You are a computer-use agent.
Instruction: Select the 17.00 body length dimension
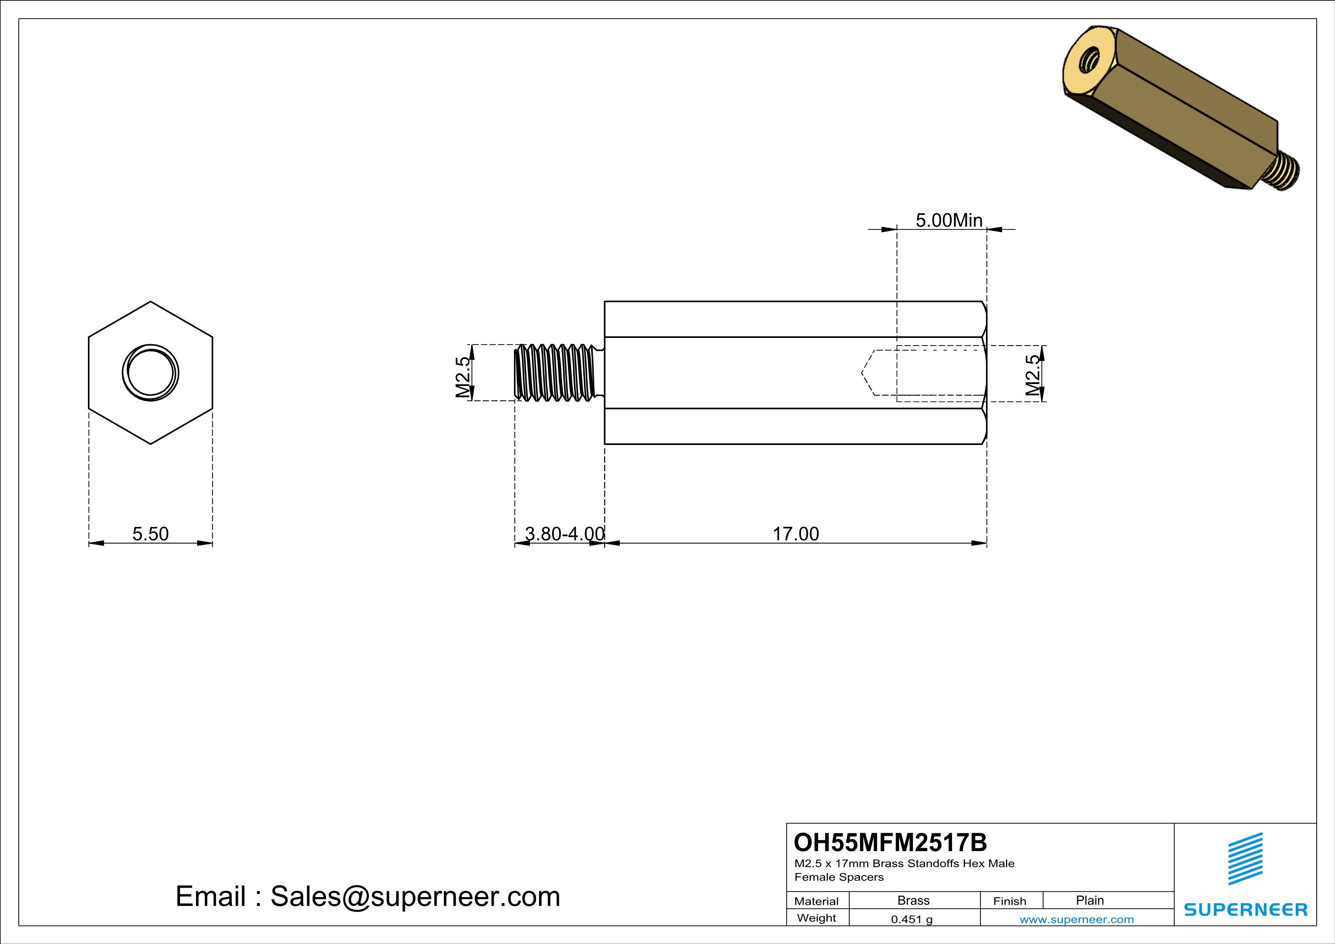796,534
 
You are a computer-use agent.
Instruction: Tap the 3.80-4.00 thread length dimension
564,534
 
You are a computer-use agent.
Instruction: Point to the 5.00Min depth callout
949,220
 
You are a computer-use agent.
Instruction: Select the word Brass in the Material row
914,900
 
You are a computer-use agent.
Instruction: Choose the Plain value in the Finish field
1089,900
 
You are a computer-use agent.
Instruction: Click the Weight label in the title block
817,918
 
